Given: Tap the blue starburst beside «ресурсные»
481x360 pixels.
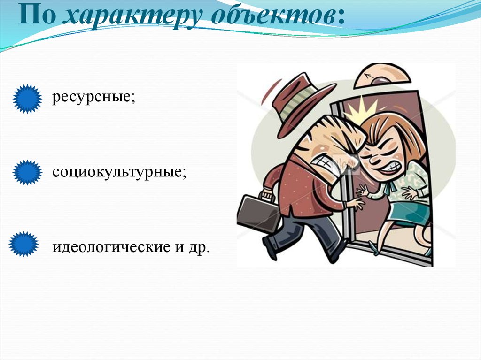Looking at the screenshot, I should (x=26, y=99).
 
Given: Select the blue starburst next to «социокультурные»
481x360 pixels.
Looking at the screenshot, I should (x=26, y=172).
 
